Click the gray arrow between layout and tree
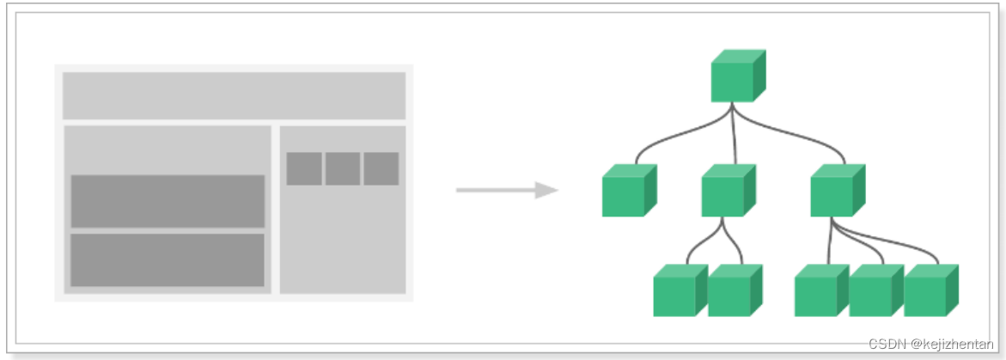(x=507, y=190)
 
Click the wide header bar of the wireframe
(x=234, y=95)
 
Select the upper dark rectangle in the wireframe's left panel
(x=168, y=201)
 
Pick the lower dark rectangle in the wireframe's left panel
(x=168, y=259)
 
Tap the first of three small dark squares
(x=304, y=168)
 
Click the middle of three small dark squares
(x=342, y=168)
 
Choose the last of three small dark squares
(x=381, y=168)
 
